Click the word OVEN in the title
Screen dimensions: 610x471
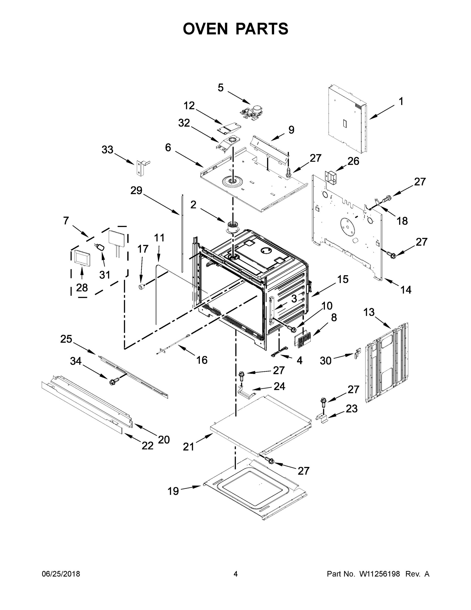click(205, 29)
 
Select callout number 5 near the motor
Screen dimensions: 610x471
click(220, 88)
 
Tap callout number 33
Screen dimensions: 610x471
click(107, 150)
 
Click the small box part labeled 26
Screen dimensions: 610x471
click(331, 178)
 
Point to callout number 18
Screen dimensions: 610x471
click(402, 221)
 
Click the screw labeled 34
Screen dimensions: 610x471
click(114, 381)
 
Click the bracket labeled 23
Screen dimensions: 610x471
click(322, 418)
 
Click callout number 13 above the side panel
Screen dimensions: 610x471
click(369, 312)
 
